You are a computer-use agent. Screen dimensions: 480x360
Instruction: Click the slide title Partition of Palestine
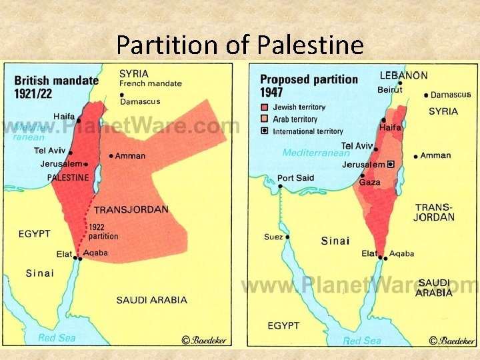click(240, 45)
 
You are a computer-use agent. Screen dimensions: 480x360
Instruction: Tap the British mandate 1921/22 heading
click(56, 86)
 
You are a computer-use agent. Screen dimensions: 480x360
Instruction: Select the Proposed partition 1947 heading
click(309, 85)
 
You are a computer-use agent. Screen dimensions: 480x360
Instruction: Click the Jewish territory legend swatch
click(264, 107)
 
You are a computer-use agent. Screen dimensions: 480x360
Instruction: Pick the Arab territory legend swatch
click(264, 119)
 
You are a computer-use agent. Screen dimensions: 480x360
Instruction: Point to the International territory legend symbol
click(264, 131)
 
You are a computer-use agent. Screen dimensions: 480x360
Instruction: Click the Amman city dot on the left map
click(111, 156)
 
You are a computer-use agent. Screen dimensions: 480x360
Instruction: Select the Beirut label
click(391, 89)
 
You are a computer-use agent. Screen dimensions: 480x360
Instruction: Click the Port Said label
click(296, 178)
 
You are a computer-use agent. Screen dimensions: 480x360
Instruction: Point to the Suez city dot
click(287, 237)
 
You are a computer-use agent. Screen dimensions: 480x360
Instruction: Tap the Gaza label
click(369, 182)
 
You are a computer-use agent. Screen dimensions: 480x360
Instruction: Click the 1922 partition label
click(103, 231)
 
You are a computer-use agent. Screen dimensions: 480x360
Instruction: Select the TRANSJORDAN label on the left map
click(131, 209)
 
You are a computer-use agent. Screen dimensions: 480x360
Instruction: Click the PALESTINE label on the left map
click(67, 177)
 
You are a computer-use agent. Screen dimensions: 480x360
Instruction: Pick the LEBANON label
click(404, 75)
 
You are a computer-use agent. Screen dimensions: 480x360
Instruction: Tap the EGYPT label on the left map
click(35, 234)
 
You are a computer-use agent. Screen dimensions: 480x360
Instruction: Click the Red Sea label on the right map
click(362, 340)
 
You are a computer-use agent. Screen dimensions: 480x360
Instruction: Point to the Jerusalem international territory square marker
click(391, 164)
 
